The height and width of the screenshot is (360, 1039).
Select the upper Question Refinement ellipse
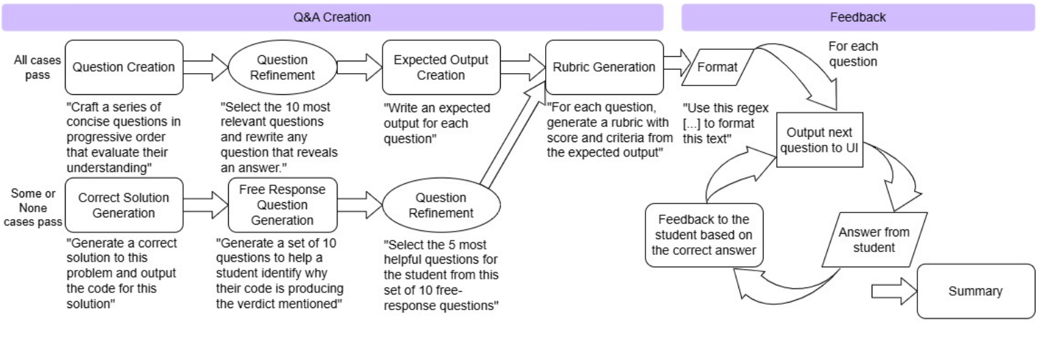coord(281,67)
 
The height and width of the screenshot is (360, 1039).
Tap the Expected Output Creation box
coord(441,67)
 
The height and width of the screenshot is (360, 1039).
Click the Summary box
coord(975,291)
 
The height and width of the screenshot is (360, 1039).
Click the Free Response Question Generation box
coord(281,205)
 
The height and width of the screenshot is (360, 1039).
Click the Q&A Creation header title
coord(332,18)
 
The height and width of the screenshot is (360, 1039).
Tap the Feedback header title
coord(857,18)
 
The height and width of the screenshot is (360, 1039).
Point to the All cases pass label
coord(38,67)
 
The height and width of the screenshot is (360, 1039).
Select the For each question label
coord(853,54)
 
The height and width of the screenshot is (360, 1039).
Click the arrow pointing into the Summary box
coord(892,292)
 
